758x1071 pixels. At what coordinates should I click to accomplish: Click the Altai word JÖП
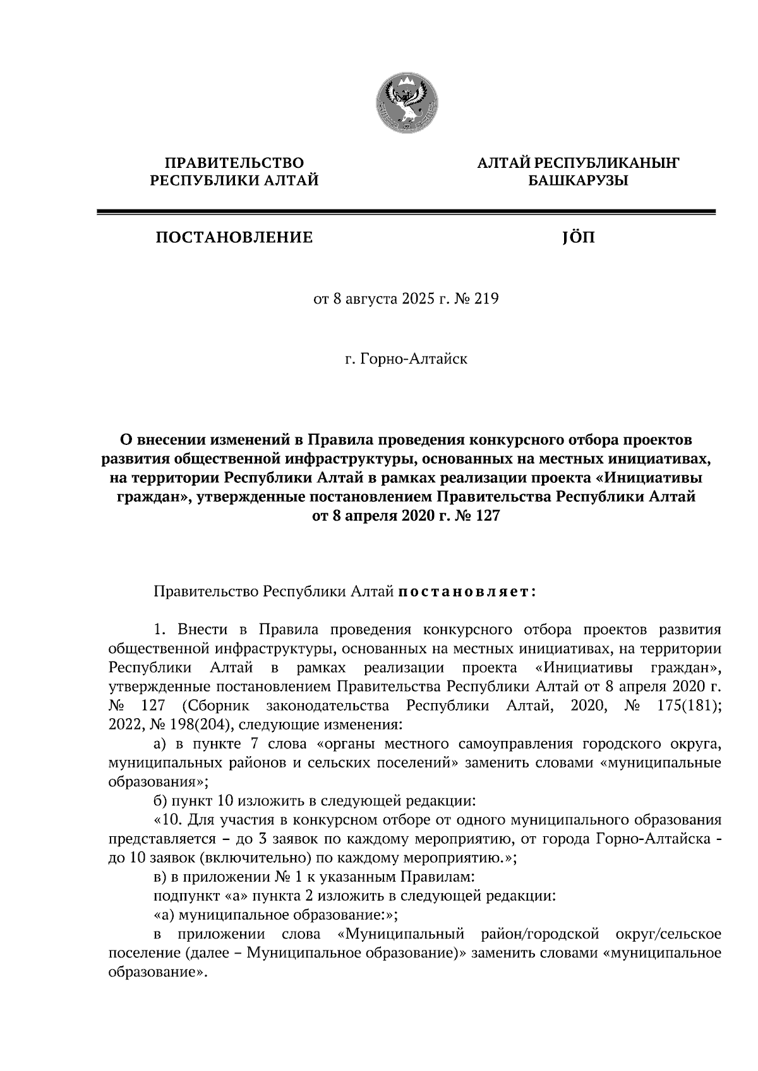[577, 237]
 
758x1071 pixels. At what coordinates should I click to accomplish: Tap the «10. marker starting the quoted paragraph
[166, 820]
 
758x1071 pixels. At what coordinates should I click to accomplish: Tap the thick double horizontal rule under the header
[406, 213]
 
